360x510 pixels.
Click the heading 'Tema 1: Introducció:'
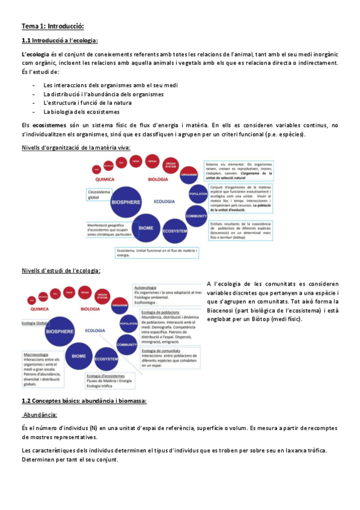pyautogui.click(x=52, y=26)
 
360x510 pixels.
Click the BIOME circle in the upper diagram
pyautogui.click(x=146, y=228)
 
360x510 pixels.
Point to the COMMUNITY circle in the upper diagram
pyautogui.click(x=196, y=215)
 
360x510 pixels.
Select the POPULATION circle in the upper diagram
pyautogui.click(x=198, y=194)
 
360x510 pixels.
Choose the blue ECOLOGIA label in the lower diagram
pyautogui.click(x=95, y=331)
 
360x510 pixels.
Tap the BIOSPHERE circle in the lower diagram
pyautogui.click(x=60, y=331)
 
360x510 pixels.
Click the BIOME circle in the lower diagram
pyautogui.click(x=79, y=357)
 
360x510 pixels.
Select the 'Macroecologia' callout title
pyautogui.click(x=35, y=354)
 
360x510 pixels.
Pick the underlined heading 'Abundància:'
pyautogui.click(x=39, y=414)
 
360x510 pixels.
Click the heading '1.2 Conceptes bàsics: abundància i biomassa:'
pyautogui.click(x=84, y=400)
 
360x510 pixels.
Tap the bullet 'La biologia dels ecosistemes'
pyautogui.click(x=81, y=111)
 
